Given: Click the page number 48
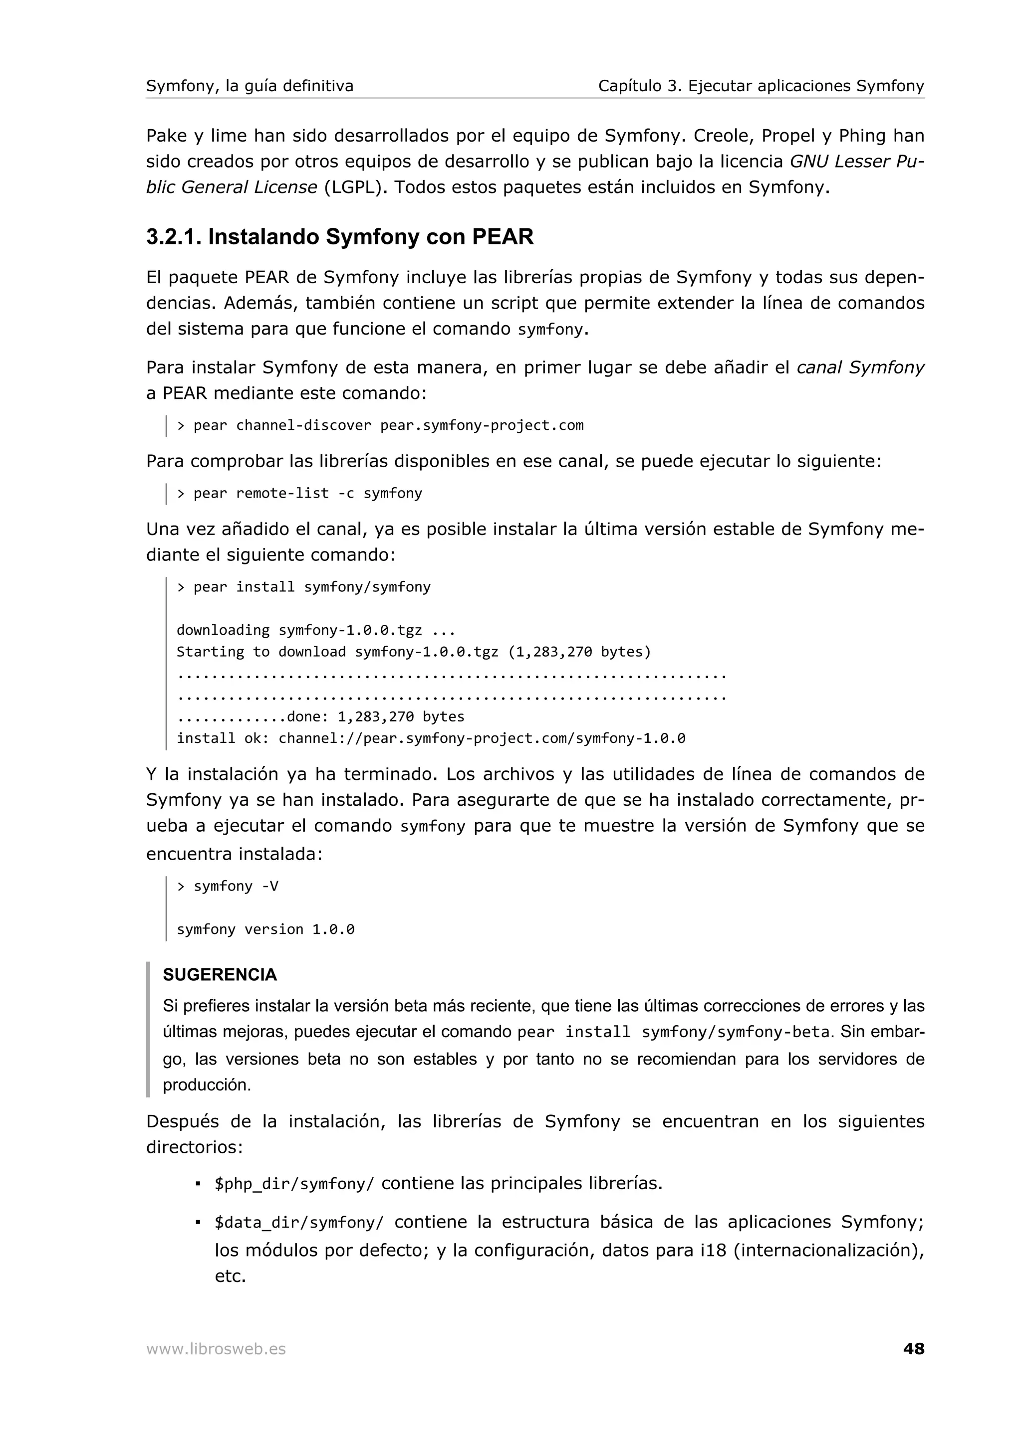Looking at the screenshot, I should point(913,1349).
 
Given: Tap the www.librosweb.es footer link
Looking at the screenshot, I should point(216,1349).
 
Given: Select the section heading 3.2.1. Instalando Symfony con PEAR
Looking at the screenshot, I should point(339,237).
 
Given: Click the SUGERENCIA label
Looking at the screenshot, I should point(220,975).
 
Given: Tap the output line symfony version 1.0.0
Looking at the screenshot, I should point(265,929).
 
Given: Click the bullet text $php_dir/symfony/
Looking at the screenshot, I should point(294,1184).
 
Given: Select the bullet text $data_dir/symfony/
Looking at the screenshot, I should point(298,1223).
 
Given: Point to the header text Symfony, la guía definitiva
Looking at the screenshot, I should point(250,86).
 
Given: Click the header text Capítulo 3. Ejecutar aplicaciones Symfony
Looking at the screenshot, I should point(761,86).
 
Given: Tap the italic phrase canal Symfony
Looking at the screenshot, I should point(860,367).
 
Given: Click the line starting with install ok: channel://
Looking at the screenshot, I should point(431,738).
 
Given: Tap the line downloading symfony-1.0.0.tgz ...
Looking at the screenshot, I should point(315,630).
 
